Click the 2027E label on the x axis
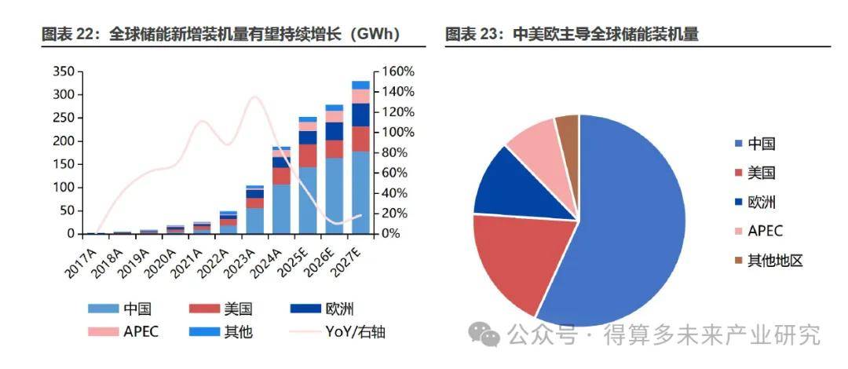coord(348,259)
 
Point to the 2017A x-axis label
coord(81,259)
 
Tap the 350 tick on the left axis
coord(64,72)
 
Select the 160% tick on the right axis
coord(398,72)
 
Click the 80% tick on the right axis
coord(395,152)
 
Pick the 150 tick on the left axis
coord(64,165)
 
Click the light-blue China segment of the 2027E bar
coord(360,192)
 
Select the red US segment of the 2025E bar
coord(308,155)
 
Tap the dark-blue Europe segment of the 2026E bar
coord(334,131)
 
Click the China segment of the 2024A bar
coord(281,209)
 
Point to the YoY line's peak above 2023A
coord(254,97)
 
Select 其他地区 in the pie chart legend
coord(774,261)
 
